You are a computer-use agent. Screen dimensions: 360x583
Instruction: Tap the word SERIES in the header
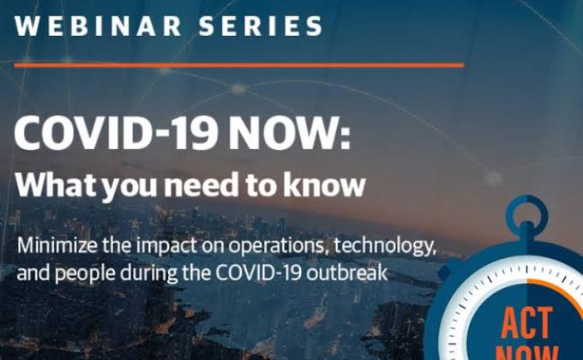click(261, 25)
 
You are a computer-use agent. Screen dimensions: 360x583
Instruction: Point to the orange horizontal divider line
click(239, 64)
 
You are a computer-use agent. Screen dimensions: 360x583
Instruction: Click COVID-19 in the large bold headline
click(115, 134)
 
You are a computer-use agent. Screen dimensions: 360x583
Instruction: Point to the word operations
click(273, 248)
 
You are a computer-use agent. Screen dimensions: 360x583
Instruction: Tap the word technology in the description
click(386, 248)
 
